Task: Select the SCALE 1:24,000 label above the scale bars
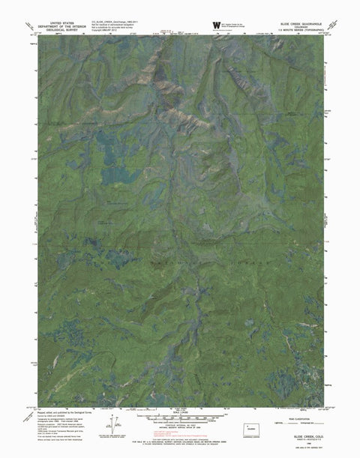(180, 410)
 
